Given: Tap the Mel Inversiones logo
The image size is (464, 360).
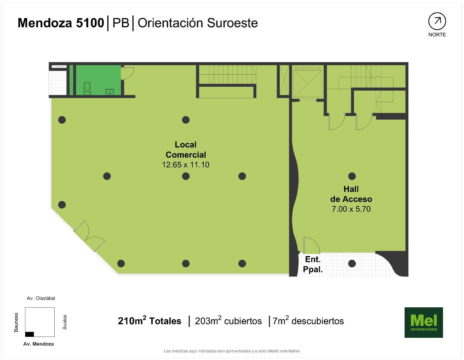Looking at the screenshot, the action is point(424,322).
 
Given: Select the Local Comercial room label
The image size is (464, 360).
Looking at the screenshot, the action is point(186,150).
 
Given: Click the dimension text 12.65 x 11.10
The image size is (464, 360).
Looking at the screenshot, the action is point(186,165).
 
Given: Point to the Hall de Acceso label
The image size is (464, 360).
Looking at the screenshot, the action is point(351,194).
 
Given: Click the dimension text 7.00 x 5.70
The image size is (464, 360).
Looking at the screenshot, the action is point(351,209).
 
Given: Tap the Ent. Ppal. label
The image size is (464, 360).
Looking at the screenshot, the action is point(313,264).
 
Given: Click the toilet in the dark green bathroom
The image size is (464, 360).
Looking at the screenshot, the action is point(87,88).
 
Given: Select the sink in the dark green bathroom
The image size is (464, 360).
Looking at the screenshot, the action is point(110,92).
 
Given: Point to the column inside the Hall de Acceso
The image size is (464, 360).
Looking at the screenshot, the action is point(352,176).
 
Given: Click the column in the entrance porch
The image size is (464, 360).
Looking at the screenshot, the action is point(352,263).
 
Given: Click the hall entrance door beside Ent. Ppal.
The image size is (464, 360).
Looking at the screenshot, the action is point(311,245).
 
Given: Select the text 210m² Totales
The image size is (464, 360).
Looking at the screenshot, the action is point(150,321).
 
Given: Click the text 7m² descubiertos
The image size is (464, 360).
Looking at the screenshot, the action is point(308,321).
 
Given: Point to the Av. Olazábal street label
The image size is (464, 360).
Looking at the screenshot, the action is point(41,298).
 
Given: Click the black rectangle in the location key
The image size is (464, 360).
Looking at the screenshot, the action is point(29,334).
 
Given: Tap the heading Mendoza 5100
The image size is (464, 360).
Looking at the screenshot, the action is point(61,23).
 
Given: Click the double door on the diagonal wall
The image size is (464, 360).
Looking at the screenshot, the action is point(89,236).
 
